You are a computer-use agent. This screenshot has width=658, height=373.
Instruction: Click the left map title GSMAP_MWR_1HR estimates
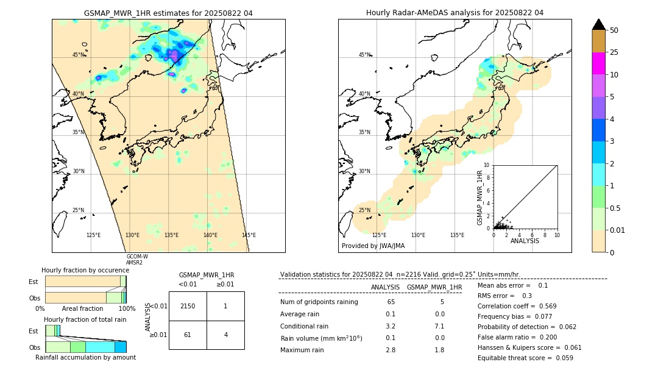tap(168, 13)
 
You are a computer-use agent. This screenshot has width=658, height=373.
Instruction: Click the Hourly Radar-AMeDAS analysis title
tap(455, 13)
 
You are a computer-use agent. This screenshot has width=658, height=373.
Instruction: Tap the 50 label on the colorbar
tap(614, 30)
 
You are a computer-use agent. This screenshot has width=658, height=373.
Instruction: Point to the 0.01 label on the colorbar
tap(618, 230)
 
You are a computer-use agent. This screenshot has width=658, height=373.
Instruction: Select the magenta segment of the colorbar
tap(598, 63)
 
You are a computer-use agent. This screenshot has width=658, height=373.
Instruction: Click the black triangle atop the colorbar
tap(598, 24)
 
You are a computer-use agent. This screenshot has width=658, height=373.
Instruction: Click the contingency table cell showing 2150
tap(188, 306)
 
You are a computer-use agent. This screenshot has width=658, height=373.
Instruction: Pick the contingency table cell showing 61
tap(188, 335)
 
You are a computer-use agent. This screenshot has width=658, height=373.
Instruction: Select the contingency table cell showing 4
tap(225, 335)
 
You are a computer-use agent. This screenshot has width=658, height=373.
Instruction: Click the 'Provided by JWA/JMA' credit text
tap(373, 246)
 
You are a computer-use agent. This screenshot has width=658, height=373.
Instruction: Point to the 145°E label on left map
tap(249, 235)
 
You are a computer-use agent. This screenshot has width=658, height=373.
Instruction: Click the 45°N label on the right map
tap(364, 55)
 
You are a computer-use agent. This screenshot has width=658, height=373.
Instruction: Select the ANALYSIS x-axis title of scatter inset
tap(525, 241)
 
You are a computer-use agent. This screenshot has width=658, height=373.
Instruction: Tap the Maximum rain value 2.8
tap(391, 350)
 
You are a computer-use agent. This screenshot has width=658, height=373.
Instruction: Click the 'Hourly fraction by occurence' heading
tap(85, 270)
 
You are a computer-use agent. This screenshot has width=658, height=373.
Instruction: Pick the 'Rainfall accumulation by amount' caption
tap(85, 357)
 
